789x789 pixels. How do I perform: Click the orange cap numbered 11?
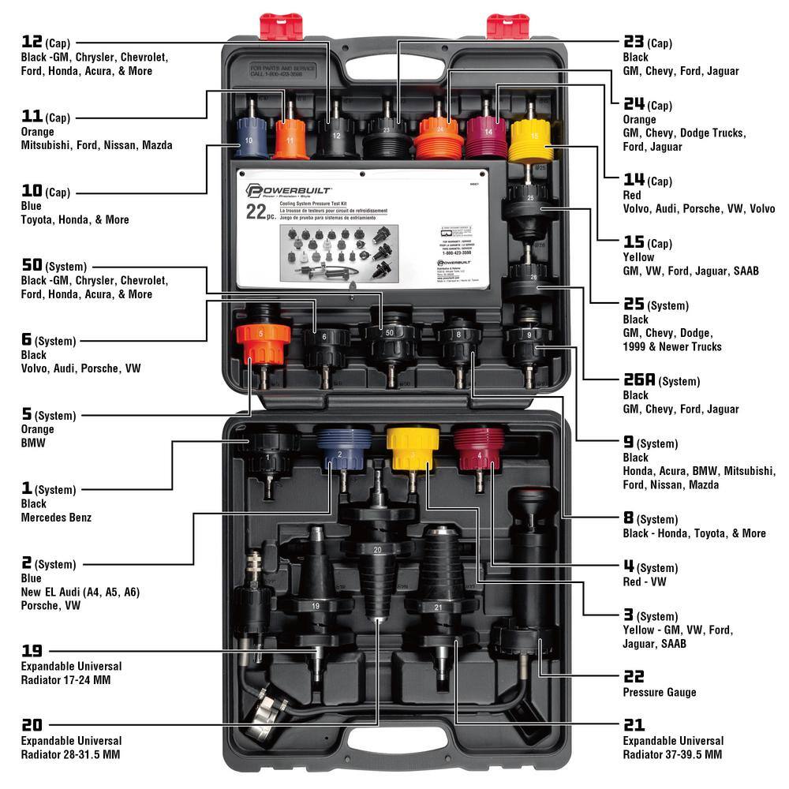tap(290, 140)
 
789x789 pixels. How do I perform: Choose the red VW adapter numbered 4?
tap(478, 450)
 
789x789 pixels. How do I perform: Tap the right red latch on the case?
tap(507, 26)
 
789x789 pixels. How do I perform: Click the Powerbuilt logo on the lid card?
tap(289, 191)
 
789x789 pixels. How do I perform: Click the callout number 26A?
tap(639, 381)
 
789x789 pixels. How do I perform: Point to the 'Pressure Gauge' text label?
tap(660, 692)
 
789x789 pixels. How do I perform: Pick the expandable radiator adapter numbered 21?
tap(439, 600)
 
